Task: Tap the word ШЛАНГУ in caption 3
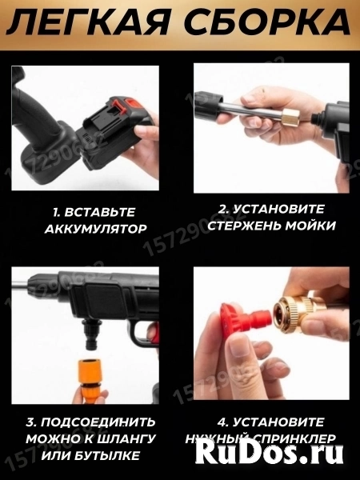pos(138,438)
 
